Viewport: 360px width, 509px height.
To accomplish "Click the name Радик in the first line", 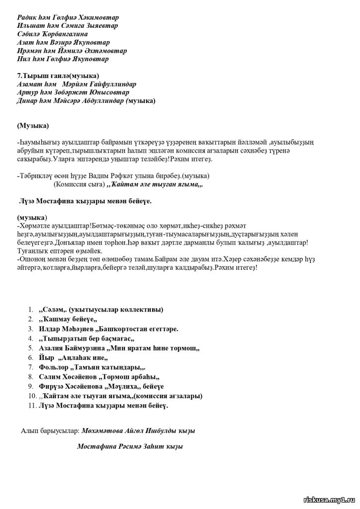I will point(26,17).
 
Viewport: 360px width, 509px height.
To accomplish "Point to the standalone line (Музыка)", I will point(33,126).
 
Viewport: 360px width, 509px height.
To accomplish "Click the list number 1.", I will point(31,310).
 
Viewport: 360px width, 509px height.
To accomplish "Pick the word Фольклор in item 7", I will point(54,367).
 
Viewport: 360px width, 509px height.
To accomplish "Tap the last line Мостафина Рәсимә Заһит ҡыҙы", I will point(130,447).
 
